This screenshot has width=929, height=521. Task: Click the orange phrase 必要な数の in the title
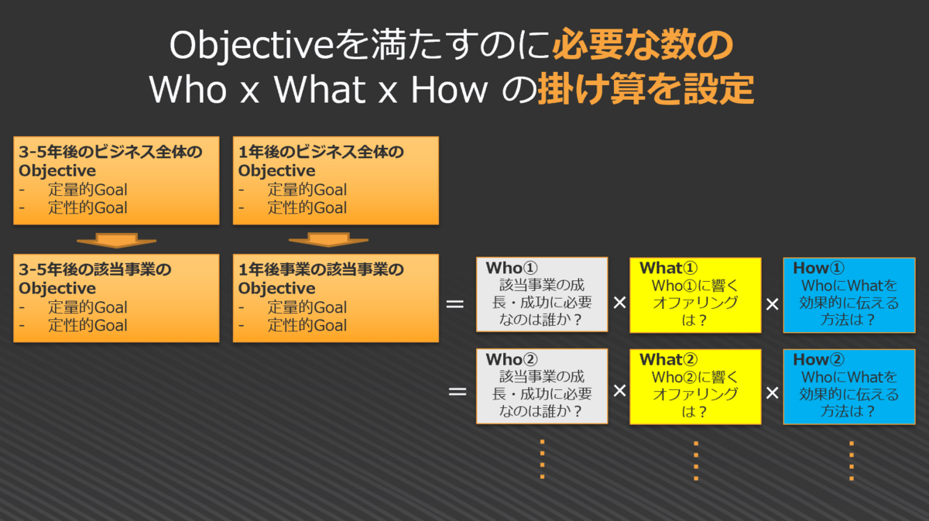642,46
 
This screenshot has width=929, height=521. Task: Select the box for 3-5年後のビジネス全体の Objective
117,180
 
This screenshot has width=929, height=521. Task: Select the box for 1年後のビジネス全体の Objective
336,180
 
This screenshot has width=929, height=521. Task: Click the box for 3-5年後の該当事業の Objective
117,297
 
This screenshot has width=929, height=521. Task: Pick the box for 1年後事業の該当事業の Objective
336,297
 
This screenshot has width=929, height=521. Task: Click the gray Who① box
542,295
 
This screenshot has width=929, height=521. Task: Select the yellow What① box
695,295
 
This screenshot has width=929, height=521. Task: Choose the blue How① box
849,295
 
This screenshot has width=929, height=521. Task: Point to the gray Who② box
542,386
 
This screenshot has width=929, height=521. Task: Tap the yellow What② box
695,386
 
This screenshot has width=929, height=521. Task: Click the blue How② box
849,386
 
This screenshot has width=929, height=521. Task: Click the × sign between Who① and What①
619,303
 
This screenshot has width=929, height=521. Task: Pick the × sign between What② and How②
772,392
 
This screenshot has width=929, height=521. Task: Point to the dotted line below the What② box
696,461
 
